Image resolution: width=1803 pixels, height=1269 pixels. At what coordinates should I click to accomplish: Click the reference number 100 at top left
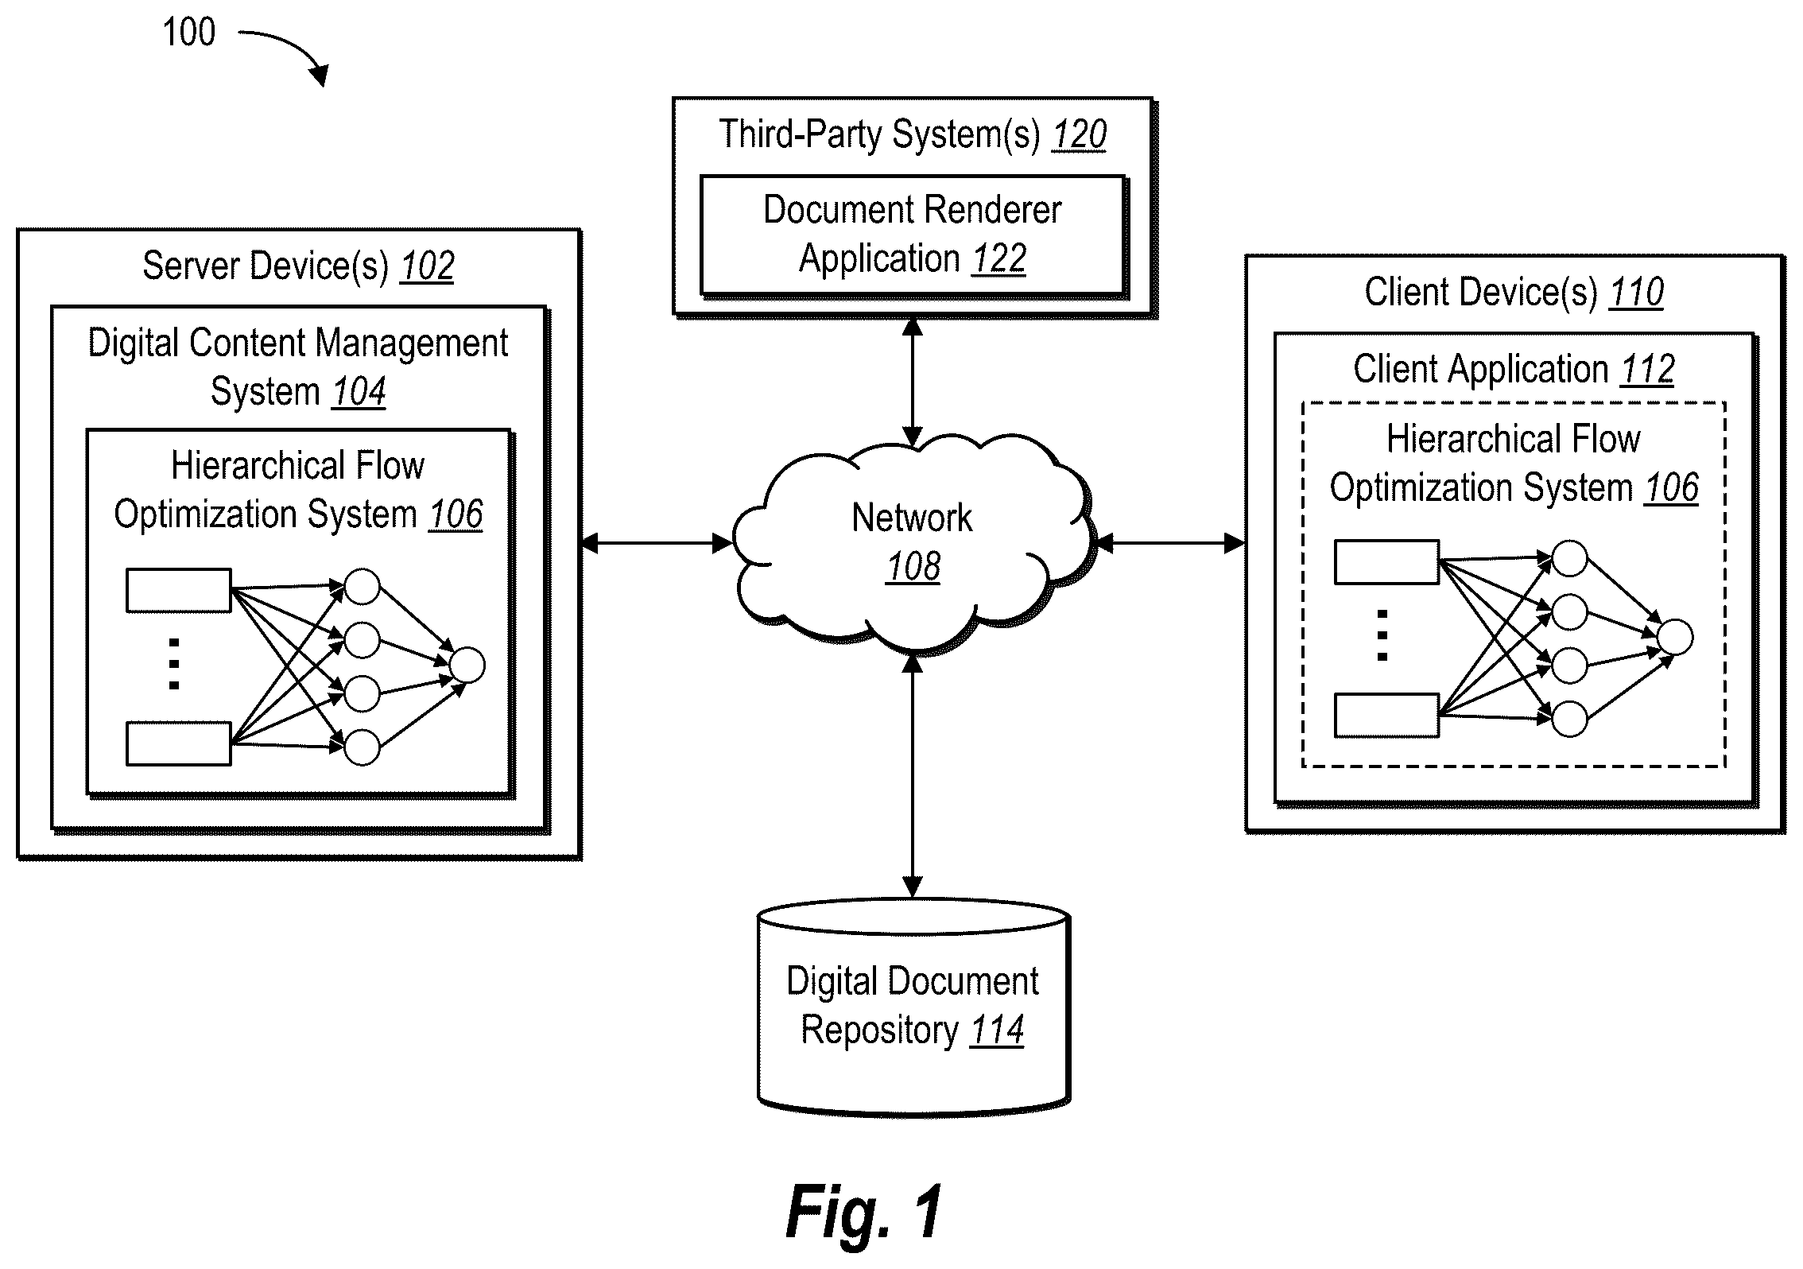click(x=189, y=33)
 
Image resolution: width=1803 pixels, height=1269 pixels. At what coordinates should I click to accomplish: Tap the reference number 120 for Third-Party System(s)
click(x=1079, y=134)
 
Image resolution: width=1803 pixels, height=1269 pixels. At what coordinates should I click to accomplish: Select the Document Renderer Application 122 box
click(x=913, y=235)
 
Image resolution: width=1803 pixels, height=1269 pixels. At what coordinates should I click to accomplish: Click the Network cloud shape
click(x=913, y=541)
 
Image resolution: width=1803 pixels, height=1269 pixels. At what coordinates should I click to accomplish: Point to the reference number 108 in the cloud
click(x=913, y=567)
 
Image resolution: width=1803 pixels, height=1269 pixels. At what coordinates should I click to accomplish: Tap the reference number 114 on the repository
click(x=997, y=1030)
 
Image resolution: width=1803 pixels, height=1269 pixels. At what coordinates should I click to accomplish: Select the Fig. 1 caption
click(x=863, y=1211)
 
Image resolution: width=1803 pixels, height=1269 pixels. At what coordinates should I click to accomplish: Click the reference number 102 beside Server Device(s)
click(x=428, y=266)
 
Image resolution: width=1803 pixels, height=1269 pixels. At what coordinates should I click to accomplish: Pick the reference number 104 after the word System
click(x=359, y=392)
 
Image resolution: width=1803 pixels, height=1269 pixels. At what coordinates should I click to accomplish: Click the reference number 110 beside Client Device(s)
click(x=1637, y=293)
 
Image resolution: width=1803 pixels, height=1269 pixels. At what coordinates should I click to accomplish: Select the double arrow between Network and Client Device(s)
click(x=1170, y=544)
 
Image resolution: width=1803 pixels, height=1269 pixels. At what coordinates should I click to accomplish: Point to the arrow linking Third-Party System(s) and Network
click(x=913, y=382)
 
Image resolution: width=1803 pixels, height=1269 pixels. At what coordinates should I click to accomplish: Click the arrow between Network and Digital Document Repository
click(x=913, y=775)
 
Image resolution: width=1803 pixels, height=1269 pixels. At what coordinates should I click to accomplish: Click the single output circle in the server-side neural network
click(x=467, y=666)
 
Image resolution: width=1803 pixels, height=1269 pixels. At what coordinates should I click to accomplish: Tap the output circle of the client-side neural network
click(x=1675, y=638)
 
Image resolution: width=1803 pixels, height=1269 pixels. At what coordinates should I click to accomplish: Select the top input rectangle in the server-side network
click(x=179, y=590)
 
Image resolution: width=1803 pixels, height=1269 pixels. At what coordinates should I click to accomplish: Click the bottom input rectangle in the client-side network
click(x=1386, y=716)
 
